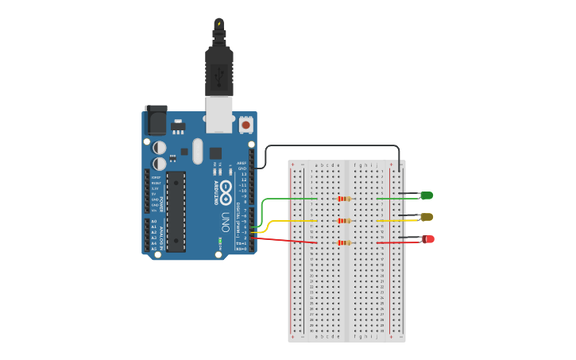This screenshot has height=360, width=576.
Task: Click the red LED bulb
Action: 428,239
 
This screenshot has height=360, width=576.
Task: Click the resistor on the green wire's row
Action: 344,199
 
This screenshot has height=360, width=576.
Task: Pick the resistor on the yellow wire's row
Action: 344,221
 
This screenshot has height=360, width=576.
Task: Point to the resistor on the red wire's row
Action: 344,243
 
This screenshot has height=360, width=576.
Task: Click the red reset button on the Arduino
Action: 245,125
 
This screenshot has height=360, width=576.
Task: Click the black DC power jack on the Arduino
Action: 157,120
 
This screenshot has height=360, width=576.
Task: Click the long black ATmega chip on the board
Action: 176,211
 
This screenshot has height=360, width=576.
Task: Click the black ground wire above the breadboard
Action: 334,146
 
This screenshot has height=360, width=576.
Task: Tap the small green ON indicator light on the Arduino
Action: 219,241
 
